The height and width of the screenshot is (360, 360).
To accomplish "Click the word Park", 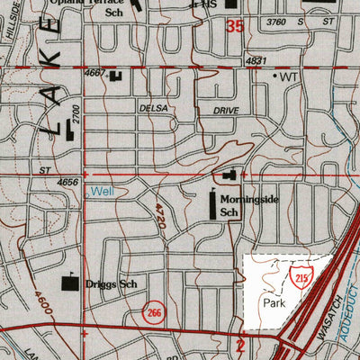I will pyautogui.click(x=275, y=304).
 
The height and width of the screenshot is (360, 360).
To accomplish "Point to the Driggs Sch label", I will pyautogui.click(x=110, y=282).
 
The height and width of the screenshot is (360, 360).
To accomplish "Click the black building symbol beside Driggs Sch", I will pyautogui.click(x=68, y=283).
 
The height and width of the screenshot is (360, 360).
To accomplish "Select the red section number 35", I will pyautogui.click(x=234, y=28).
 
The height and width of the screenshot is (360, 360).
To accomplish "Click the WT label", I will pyautogui.click(x=288, y=77).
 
